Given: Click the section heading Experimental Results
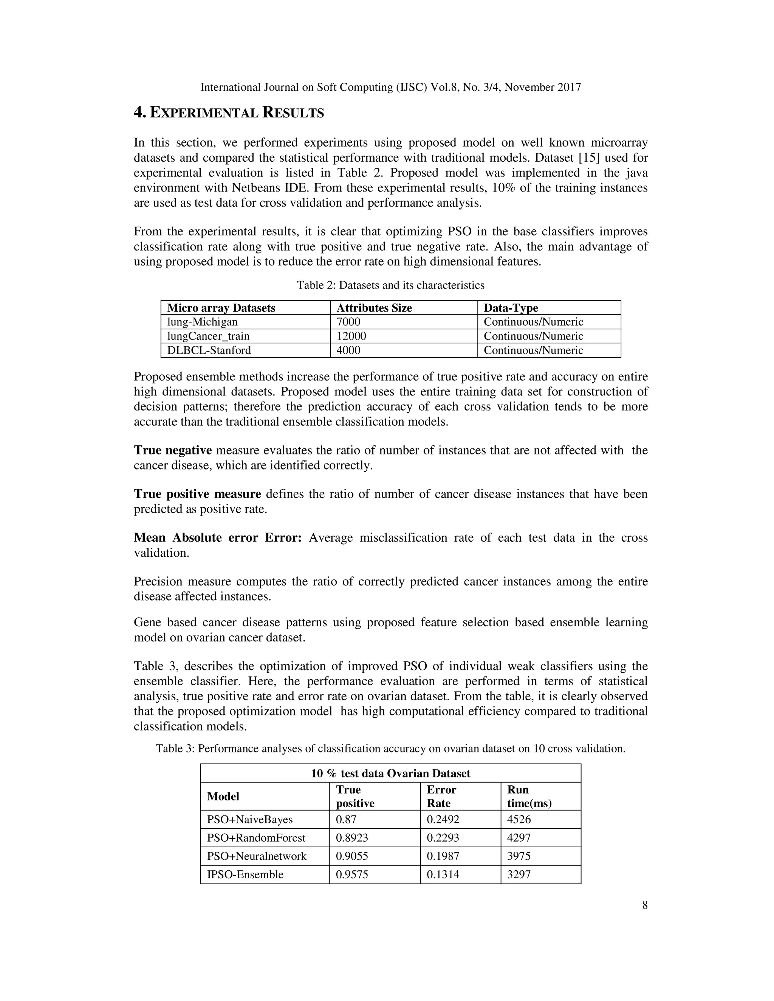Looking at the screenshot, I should pos(229,112).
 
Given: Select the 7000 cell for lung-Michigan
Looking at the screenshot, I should pos(348,322).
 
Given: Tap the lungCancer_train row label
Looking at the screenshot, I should pos(208,336).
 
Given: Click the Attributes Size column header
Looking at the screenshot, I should pos(374,307).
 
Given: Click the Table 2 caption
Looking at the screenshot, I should pos(390,285).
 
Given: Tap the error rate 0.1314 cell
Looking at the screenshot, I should pos(443,874).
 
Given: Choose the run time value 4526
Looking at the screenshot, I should pos(519,820).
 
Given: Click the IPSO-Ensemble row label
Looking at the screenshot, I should pos(245,874).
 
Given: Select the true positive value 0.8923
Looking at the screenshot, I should pos(352,838).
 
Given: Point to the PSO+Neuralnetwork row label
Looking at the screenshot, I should pos(257,856).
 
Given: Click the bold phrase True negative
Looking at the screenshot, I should pos(173,450).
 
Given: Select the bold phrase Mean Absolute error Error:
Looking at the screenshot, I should pos(217,538).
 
